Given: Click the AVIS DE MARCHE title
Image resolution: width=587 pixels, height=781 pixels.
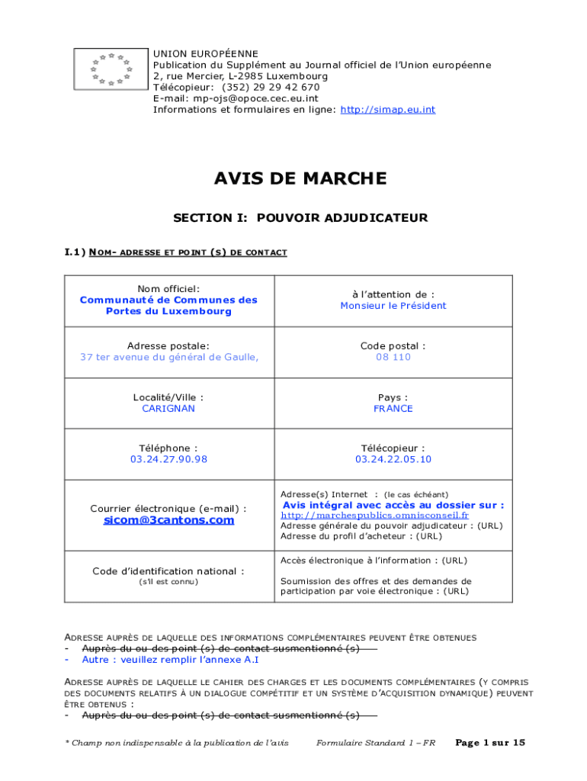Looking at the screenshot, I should coord(300,179).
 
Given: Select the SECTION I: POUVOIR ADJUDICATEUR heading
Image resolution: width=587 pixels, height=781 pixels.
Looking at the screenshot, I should coord(300,218).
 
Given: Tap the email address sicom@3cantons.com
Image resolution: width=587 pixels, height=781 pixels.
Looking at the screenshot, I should coord(168,520).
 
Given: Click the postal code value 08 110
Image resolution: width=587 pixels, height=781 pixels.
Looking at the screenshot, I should coord(393,357).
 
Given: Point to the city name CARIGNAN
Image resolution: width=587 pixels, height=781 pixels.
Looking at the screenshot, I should coord(168,409).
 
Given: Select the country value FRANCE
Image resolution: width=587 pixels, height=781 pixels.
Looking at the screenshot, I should coord(393,409).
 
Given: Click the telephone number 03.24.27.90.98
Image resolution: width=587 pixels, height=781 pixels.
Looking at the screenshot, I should coord(168,459).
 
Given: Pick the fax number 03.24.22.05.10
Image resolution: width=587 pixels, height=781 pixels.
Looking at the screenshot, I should coord(393,459).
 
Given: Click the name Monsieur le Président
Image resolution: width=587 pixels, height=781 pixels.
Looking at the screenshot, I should coord(393,306).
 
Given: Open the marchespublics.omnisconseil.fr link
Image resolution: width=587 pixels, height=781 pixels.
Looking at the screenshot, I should coord(374,516).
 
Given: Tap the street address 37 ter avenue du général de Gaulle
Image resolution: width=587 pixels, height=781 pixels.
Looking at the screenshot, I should coord(168,357).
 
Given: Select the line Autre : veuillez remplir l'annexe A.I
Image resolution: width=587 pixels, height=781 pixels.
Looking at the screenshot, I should coord(170,660).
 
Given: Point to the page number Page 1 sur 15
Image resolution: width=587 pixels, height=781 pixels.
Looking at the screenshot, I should coord(489,743).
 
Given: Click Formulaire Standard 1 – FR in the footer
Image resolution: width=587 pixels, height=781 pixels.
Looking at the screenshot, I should coord(375,743).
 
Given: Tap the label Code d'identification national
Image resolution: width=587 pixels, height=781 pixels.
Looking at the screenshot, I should coord(168,570).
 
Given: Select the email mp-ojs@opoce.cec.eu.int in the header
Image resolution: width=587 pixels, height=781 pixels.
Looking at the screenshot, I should coord(255,98).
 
